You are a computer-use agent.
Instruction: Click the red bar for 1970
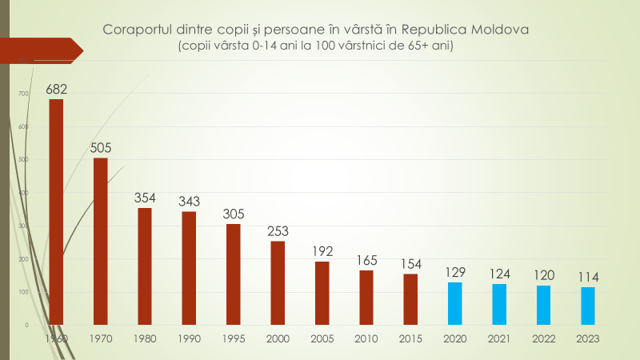(x=101, y=241)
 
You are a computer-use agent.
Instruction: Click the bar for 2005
(x=322, y=293)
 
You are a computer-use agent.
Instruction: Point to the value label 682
(x=56, y=89)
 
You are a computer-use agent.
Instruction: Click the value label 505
(x=101, y=147)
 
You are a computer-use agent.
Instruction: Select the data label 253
(x=278, y=231)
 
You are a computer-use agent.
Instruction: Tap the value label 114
(x=587, y=277)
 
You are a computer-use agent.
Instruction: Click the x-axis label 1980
(x=145, y=338)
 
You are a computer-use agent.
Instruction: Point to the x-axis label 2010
(x=366, y=338)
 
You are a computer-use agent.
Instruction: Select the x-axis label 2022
(x=543, y=338)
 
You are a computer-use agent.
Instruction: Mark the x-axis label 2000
(x=278, y=338)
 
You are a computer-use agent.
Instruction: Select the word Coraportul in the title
(x=137, y=30)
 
